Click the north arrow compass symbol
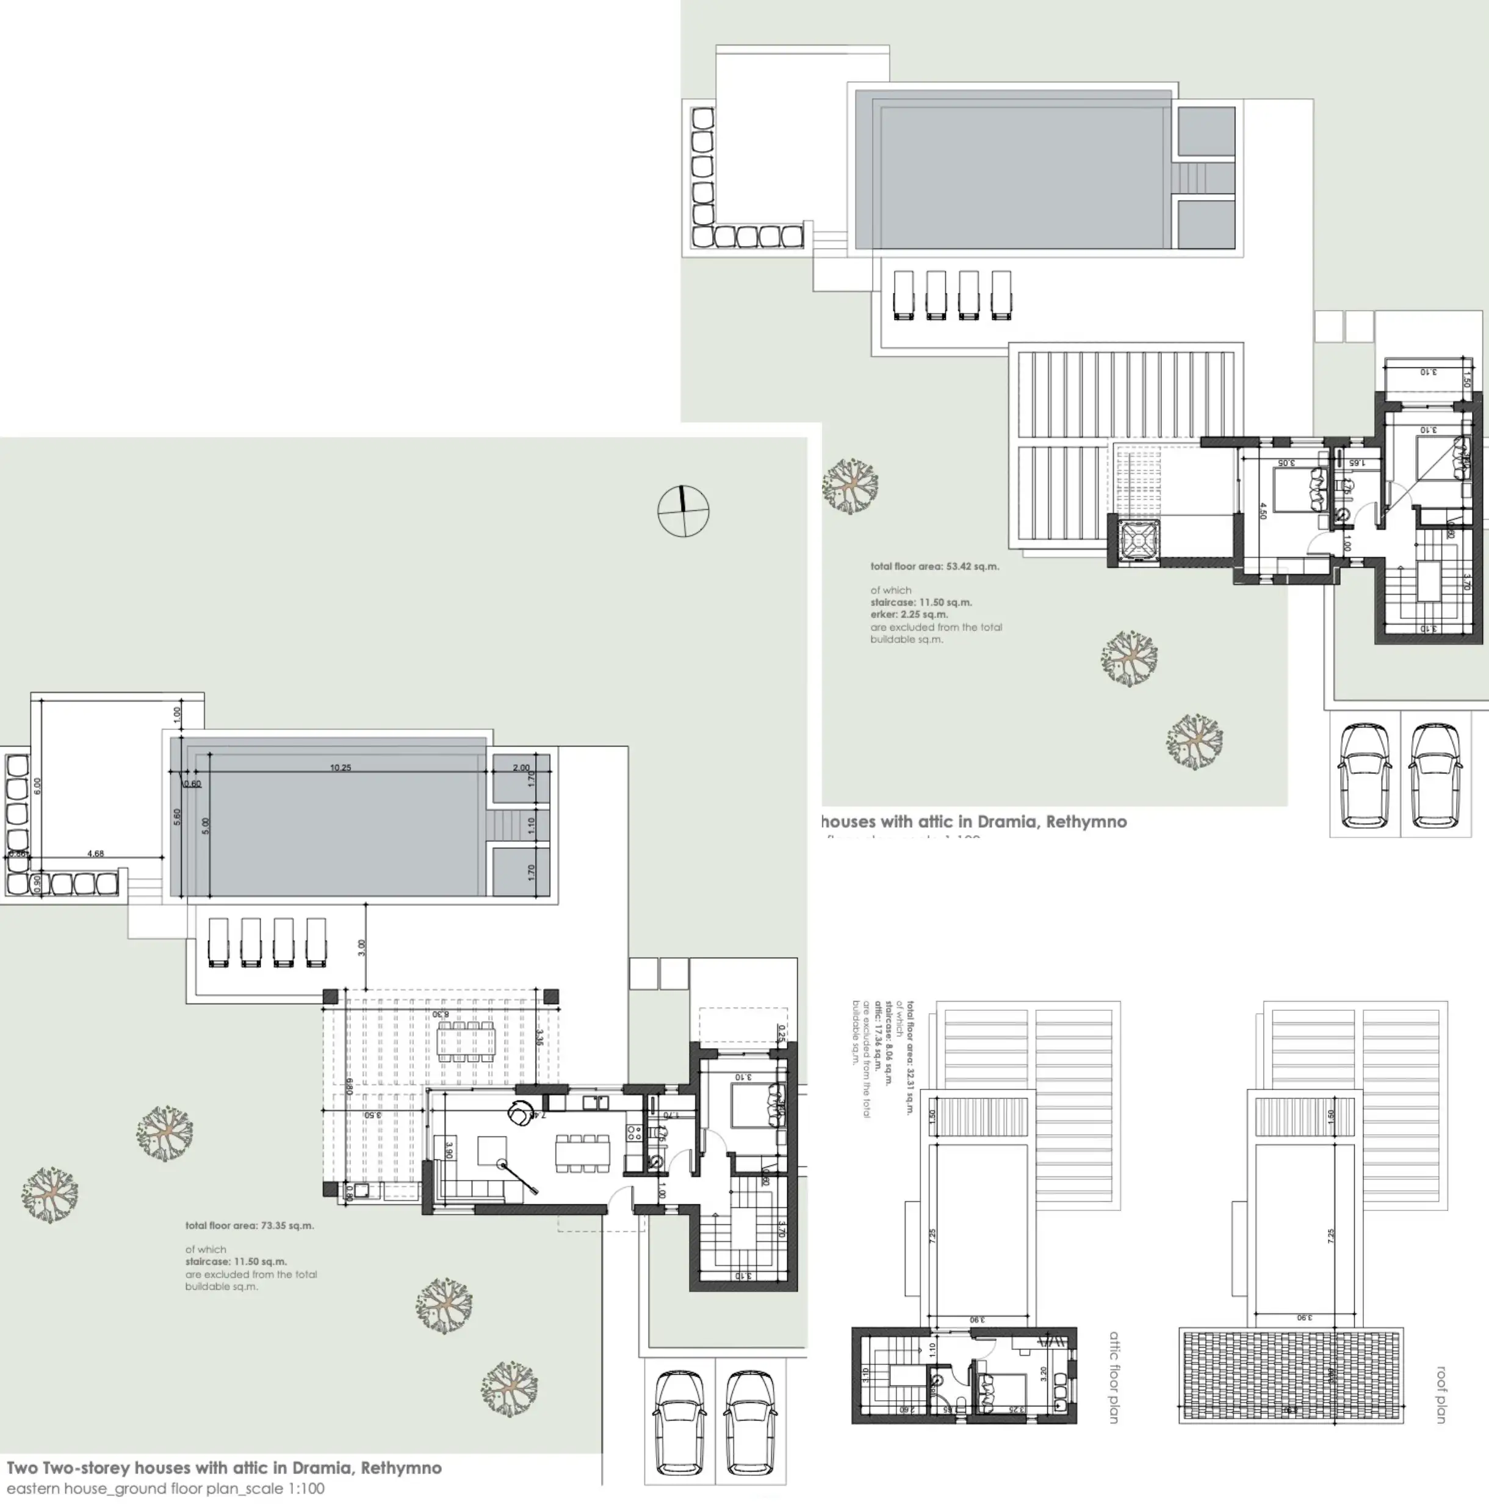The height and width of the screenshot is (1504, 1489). click(x=683, y=511)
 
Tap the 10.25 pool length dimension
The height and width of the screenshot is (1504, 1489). click(x=340, y=768)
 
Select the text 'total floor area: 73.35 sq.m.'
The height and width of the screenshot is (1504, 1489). click(x=249, y=1225)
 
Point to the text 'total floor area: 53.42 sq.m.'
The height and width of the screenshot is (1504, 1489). click(x=934, y=566)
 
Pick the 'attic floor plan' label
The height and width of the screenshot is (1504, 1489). click(x=1114, y=1377)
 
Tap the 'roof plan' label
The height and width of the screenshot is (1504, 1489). click(x=1441, y=1394)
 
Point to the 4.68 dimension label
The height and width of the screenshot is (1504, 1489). click(x=96, y=854)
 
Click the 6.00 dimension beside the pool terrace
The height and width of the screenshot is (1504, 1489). click(x=37, y=786)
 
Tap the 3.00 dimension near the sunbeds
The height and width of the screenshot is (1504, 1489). click(x=361, y=948)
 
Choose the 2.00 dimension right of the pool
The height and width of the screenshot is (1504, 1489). click(x=521, y=768)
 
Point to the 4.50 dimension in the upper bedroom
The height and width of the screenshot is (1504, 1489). click(x=1263, y=511)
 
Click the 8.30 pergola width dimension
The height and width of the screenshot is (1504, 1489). click(x=441, y=1014)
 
